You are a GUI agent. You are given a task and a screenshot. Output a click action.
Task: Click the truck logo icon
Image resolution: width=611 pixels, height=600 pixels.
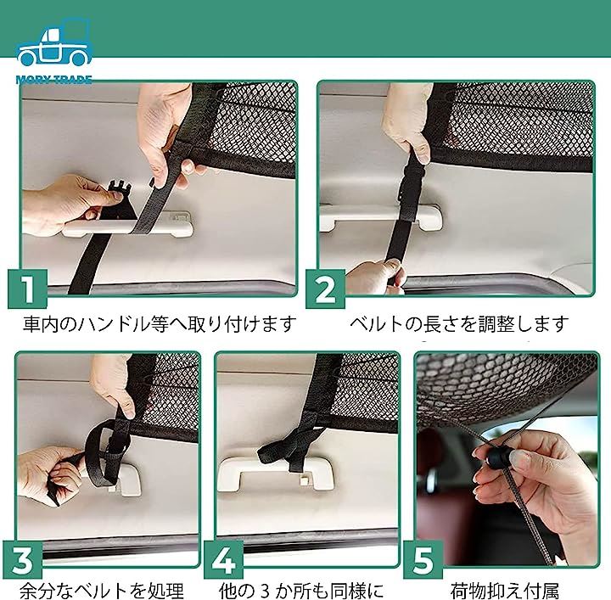coord(54,42)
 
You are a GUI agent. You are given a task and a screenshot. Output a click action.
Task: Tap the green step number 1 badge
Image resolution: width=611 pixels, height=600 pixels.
coord(27,289)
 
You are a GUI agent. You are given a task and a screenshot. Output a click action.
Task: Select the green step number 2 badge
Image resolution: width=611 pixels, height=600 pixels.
coord(325,289)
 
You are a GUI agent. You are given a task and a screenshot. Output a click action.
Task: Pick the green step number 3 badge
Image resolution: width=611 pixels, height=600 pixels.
coord(23,560)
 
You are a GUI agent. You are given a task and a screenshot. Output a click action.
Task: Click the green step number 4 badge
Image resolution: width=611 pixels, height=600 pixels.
coord(223,560)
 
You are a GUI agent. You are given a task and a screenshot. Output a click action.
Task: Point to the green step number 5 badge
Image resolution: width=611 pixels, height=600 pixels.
coord(423,560)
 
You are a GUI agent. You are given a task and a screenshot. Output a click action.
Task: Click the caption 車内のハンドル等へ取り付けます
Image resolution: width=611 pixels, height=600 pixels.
coord(160,324)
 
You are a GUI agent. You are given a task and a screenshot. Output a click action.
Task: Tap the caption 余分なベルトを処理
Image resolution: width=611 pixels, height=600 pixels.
coord(102,591)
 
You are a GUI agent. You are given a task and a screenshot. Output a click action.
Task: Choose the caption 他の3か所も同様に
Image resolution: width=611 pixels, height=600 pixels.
coord(301,591)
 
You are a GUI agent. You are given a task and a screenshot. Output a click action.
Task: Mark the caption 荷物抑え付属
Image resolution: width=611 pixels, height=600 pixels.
coord(505,591)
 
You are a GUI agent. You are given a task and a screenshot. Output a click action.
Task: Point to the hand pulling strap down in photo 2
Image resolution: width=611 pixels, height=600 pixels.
coord(375,277)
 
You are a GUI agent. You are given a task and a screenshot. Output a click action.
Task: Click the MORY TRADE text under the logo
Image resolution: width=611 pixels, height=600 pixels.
coord(54,80)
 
